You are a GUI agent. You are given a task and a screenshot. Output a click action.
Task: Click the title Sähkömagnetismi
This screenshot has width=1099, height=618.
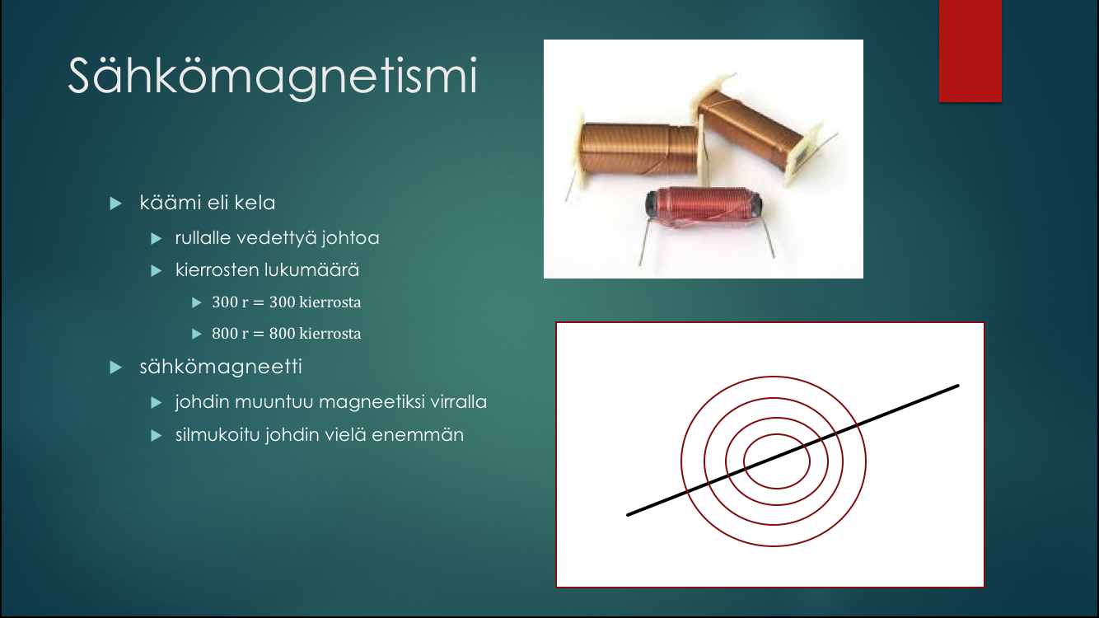tap(273, 77)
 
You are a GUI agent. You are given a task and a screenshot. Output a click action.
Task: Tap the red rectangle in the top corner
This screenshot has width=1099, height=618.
tap(970, 51)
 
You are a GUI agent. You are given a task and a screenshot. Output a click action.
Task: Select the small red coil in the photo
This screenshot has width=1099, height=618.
tap(704, 208)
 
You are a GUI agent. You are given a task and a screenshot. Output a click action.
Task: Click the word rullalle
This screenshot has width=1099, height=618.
tap(203, 238)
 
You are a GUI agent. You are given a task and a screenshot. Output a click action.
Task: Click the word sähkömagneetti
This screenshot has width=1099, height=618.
tap(221, 367)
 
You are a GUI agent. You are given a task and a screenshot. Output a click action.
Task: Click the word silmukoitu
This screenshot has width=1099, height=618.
tap(217, 435)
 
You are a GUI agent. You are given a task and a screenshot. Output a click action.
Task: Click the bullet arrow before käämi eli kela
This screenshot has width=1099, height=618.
tap(116, 204)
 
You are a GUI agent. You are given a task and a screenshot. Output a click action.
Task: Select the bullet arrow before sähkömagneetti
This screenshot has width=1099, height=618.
tap(116, 368)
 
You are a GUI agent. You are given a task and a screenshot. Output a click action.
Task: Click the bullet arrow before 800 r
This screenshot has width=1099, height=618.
tap(197, 334)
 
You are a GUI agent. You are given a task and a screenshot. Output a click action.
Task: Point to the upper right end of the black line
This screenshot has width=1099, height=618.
tap(957, 386)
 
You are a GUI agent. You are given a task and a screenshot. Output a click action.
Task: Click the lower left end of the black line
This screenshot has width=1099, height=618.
tap(628, 514)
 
